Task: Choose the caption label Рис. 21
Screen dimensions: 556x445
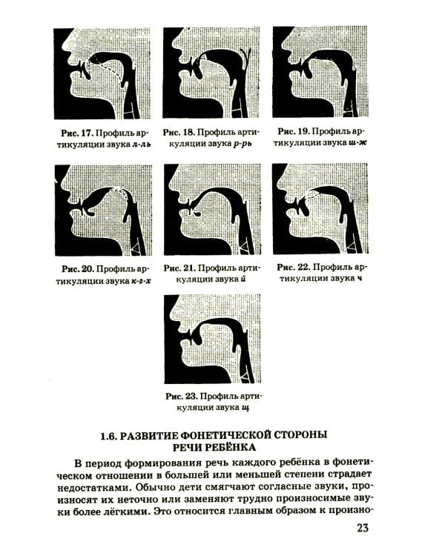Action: click(x=179, y=268)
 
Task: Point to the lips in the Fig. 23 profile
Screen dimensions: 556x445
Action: click(x=182, y=341)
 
